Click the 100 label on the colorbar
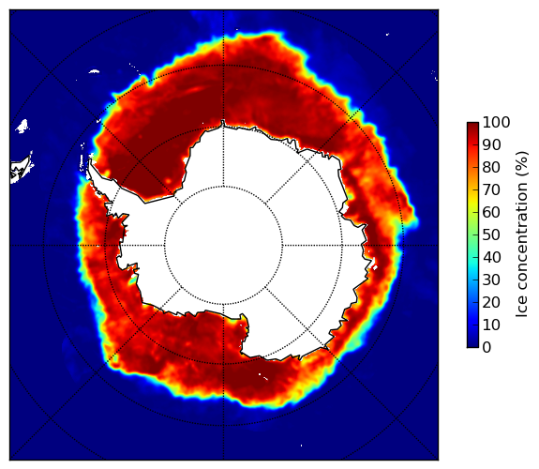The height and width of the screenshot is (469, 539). point(496,122)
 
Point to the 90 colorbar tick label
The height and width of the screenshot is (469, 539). point(491,144)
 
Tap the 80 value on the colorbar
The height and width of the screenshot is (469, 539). point(491,167)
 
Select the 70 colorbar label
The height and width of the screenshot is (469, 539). point(491,189)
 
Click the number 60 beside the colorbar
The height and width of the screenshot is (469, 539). point(491,212)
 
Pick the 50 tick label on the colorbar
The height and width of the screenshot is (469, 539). point(491,235)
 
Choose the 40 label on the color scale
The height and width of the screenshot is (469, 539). point(491,257)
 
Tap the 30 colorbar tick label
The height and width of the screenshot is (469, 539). point(491,280)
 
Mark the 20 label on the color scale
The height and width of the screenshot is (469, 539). point(491,302)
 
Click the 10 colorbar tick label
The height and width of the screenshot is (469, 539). point(491,325)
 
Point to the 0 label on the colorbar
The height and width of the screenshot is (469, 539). point(487,348)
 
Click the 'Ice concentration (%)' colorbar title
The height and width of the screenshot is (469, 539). point(522,234)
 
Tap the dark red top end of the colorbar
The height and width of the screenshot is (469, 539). point(472,124)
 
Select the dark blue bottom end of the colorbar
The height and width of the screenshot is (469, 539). point(472,345)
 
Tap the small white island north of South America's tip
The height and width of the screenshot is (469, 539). point(22,126)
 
